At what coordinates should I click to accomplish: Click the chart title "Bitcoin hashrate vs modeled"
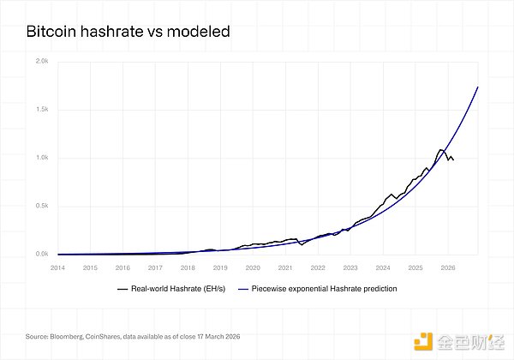(128, 33)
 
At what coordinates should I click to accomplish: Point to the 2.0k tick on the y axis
(42, 62)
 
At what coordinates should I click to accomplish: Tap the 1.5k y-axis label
(42, 110)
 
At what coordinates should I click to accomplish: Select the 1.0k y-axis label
(42, 158)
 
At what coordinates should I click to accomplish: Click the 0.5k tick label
(42, 206)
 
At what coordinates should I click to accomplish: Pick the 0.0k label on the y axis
(42, 254)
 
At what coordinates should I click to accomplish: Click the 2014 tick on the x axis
(57, 267)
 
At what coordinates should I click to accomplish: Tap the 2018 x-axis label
(188, 267)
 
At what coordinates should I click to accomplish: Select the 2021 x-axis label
(285, 267)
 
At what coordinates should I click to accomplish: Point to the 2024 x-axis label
(383, 267)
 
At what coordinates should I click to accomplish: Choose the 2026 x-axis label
(448, 267)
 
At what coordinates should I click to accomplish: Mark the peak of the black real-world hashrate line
(440, 150)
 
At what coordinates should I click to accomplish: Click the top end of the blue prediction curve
(477, 87)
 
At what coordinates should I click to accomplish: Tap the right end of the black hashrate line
(453, 159)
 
